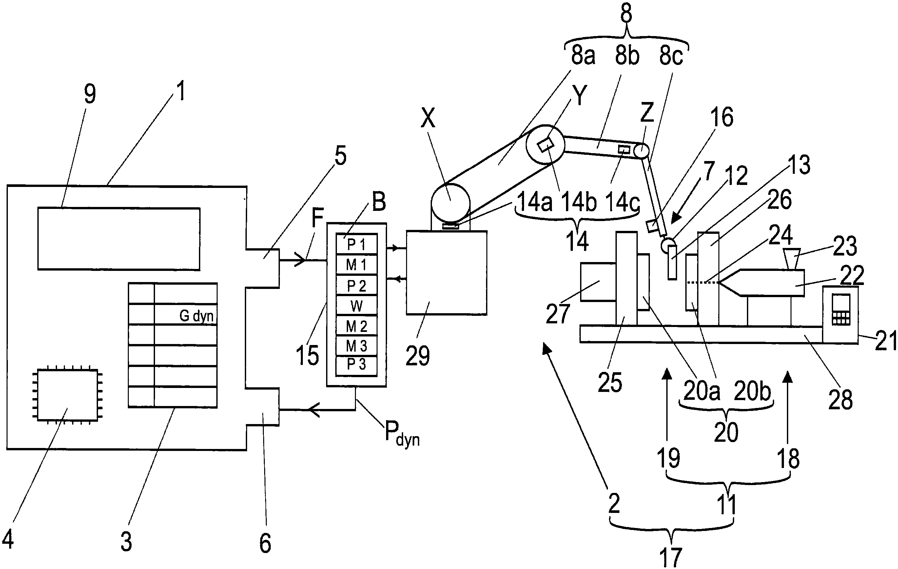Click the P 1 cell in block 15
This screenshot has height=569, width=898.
click(x=357, y=244)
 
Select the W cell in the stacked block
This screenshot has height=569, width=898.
click(x=357, y=306)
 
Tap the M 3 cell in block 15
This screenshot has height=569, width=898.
click(x=357, y=346)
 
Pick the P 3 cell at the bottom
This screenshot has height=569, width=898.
click(x=357, y=365)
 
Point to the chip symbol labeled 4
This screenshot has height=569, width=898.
click(x=68, y=395)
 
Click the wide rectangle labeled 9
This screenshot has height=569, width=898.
click(x=119, y=238)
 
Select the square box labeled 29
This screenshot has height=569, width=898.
click(x=446, y=273)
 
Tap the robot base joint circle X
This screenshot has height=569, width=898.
click(x=451, y=203)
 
